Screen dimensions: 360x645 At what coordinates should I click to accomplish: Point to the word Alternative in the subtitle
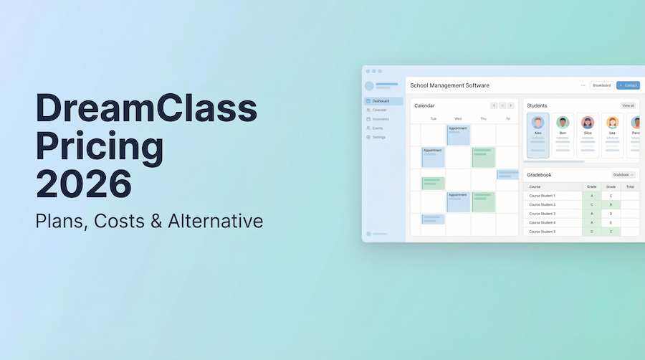215,221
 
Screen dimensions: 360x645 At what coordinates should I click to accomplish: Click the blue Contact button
628,85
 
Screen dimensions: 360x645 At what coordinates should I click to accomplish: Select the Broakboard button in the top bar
601,85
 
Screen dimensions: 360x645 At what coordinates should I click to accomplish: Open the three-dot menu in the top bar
583,85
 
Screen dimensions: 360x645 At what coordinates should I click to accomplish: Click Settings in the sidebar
378,137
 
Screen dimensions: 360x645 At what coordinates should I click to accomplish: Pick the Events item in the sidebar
378,128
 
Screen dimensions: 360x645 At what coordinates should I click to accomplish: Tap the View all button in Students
628,105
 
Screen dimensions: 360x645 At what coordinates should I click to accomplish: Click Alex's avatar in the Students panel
538,123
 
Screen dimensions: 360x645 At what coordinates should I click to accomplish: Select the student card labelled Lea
611,135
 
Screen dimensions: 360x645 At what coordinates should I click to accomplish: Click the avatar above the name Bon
563,123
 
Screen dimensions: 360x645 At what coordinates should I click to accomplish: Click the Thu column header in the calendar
483,118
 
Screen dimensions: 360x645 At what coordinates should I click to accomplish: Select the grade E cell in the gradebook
611,222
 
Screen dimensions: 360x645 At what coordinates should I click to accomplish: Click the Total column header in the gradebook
629,186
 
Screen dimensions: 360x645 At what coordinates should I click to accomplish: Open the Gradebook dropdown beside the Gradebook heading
623,174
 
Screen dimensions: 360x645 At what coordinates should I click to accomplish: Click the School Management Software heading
449,85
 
